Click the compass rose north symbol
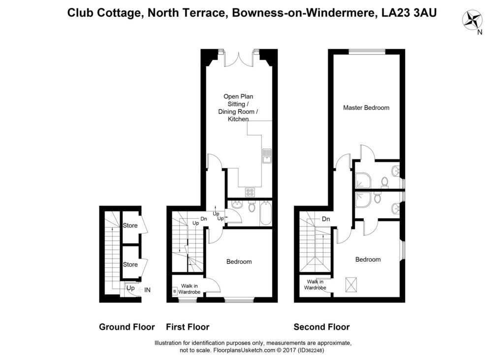(472, 20)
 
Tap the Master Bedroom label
(366, 108)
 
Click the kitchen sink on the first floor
(267, 156)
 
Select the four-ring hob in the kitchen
(250, 192)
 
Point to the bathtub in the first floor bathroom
(265, 213)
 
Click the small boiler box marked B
(175, 291)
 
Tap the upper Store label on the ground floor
(130, 226)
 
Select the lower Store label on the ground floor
(130, 265)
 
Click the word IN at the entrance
(147, 290)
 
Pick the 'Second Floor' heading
(321, 327)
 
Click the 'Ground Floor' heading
(127, 327)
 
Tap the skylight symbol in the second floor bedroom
(351, 285)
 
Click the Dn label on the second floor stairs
(326, 219)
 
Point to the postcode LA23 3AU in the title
(409, 12)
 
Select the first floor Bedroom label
(239, 262)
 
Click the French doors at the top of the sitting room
(239, 59)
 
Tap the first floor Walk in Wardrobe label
(189, 289)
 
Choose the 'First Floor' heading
(188, 327)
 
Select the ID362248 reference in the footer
(311, 350)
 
